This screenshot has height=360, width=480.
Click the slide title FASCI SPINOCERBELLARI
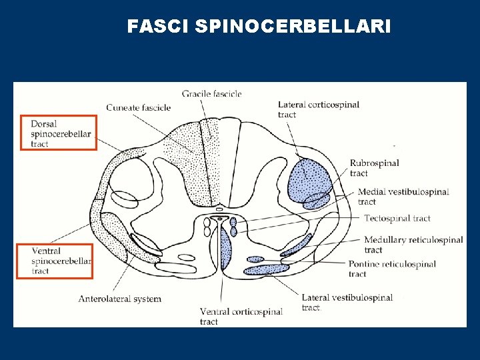point(259,26)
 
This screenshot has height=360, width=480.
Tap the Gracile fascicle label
point(211,94)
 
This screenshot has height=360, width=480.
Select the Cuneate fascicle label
point(138,107)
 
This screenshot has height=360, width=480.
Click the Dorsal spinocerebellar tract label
point(59,133)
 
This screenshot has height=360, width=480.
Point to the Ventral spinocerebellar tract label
point(60,261)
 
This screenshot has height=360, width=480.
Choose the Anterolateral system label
point(120,299)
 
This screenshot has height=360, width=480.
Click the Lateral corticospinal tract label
point(318,109)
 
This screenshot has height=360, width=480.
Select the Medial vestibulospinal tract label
point(403,197)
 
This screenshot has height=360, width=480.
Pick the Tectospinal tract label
point(397,218)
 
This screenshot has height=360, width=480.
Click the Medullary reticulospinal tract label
point(413,245)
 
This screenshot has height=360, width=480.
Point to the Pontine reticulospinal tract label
point(392,269)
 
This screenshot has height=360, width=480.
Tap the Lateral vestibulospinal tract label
point(347,302)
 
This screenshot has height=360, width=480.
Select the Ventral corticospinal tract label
point(241,316)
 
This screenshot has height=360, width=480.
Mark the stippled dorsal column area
point(193,160)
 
